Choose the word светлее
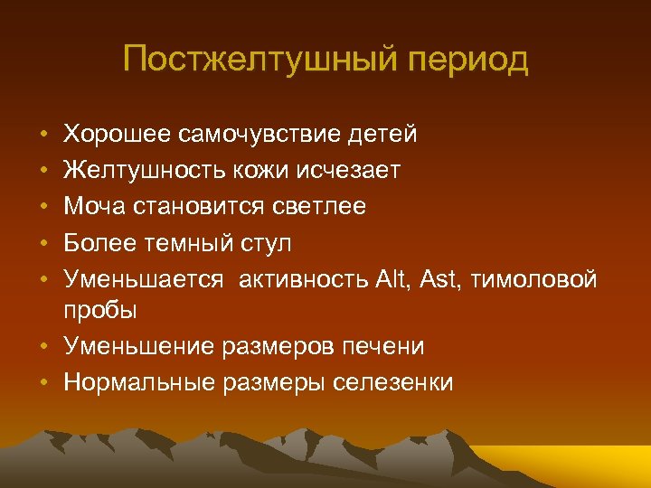[x=318, y=207]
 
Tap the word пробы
[x=99, y=311]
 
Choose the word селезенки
[x=393, y=382]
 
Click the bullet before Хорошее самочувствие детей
[x=44, y=136]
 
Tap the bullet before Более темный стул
[x=44, y=244]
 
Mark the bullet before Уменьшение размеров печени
[x=44, y=347]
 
